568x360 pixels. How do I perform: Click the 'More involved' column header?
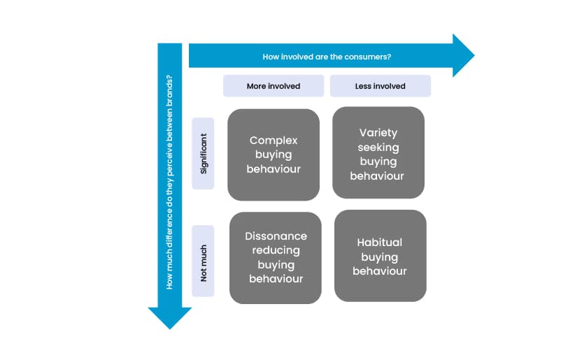coord(274,86)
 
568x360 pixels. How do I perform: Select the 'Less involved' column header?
coord(380,86)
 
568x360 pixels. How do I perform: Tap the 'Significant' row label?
coord(204,153)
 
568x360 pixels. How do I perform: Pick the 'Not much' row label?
coord(204,261)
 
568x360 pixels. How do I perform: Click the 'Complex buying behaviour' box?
coord(274,154)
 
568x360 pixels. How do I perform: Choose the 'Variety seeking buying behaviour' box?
coord(378,153)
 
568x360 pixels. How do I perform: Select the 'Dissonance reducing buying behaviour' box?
coord(276,257)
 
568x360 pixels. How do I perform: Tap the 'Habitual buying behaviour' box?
coord(380,256)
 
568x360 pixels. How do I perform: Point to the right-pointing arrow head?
coord(462,55)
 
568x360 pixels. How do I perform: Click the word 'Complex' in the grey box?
coord(274,141)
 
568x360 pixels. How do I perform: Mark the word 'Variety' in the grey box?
coord(378,132)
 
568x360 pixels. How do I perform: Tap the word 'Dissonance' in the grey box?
coord(276,236)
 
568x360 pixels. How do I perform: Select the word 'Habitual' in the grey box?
coord(380,243)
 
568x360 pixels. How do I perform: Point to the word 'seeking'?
coord(378,147)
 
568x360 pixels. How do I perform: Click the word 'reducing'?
coord(276,250)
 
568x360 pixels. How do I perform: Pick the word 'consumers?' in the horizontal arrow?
coord(369,57)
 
